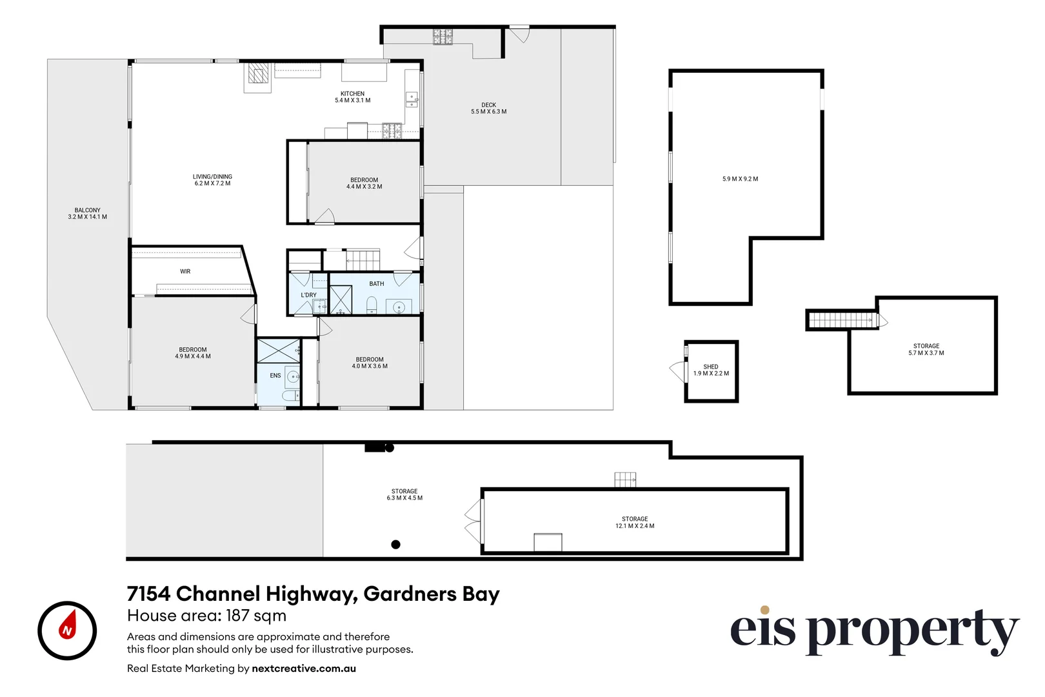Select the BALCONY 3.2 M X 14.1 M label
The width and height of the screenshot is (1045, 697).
click(x=87, y=214)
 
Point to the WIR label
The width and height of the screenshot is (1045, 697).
click(x=185, y=271)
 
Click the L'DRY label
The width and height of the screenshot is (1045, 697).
click(x=308, y=294)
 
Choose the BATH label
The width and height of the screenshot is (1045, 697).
click(x=377, y=283)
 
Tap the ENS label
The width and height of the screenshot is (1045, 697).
click(x=275, y=376)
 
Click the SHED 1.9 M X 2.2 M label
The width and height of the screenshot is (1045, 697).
click(x=711, y=370)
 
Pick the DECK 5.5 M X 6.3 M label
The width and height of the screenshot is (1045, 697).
click(x=488, y=108)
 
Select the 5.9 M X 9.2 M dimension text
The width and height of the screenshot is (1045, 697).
click(x=741, y=179)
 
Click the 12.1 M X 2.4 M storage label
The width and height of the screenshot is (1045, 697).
click(x=635, y=526)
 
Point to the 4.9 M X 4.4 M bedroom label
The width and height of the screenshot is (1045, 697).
click(x=193, y=356)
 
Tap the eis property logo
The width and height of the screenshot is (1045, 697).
click(x=875, y=631)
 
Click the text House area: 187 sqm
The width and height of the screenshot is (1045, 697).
click(x=206, y=616)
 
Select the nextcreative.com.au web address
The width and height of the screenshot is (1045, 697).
click(x=304, y=668)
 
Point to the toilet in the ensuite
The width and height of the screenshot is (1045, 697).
click(x=291, y=396)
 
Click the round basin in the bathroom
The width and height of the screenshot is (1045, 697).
click(x=399, y=307)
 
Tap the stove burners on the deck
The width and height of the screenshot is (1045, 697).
click(x=443, y=37)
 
